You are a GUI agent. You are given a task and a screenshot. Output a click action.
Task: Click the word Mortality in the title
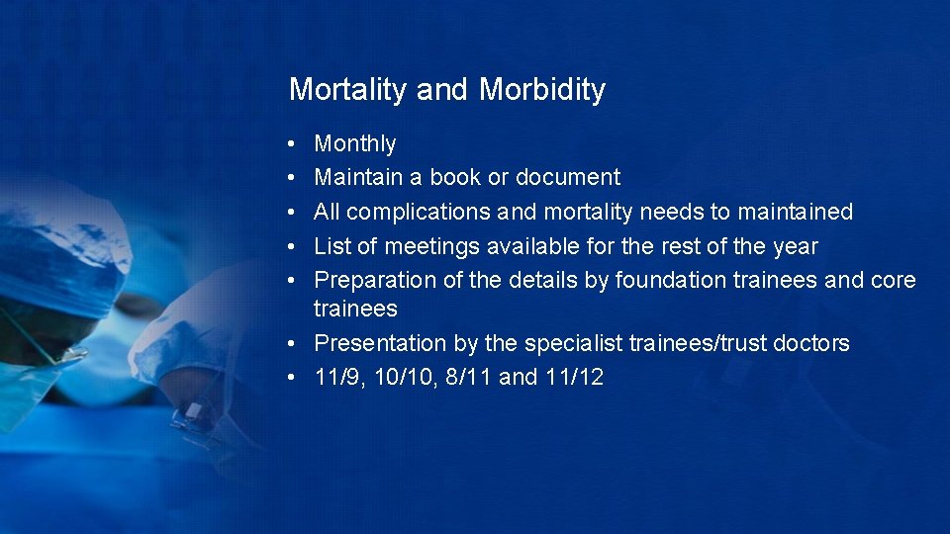coord(347,90)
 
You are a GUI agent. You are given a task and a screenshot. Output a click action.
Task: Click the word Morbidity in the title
coord(542,90)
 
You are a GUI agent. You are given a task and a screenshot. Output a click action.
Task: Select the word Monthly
coord(354,144)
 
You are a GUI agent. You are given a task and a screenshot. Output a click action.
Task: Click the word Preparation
coord(374,280)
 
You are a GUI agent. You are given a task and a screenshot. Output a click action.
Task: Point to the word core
coord(894,280)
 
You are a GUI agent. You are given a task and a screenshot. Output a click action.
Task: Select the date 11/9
coord(335,377)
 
